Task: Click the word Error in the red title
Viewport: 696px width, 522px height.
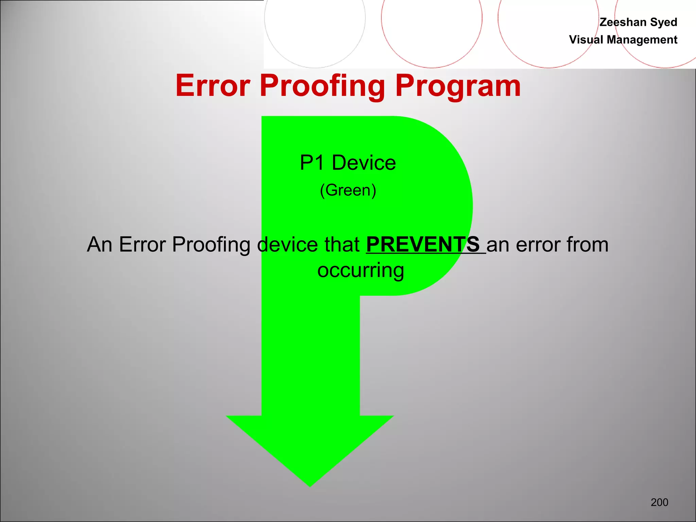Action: click(213, 86)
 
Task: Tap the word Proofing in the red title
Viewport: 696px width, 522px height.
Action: click(322, 86)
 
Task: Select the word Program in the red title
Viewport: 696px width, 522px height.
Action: click(457, 86)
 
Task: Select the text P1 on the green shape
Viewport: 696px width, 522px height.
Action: click(312, 162)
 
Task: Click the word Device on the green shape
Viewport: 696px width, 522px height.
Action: click(364, 162)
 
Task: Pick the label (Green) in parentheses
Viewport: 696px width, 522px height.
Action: click(348, 190)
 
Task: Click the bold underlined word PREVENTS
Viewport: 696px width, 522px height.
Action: click(423, 244)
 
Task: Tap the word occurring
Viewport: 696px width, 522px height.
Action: click(361, 271)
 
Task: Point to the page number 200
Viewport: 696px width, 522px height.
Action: click(659, 502)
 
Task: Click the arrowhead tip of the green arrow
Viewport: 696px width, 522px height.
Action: click(310, 483)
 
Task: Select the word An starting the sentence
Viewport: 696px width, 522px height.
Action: click(99, 244)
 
